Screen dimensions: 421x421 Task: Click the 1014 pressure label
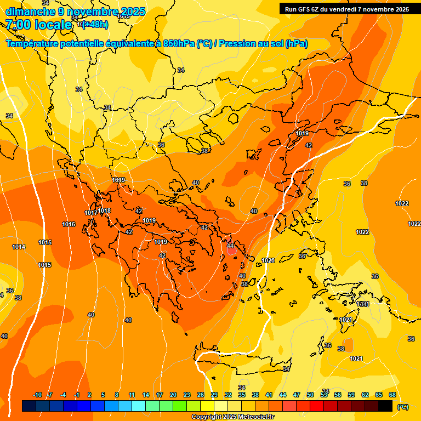coord(19,247)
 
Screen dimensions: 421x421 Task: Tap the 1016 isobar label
coord(69,224)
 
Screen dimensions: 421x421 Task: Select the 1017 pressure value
coord(90,213)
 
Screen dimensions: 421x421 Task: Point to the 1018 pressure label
coord(104,210)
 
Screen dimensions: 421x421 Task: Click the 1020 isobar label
coord(268,260)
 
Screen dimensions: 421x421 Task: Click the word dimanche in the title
coord(30,11)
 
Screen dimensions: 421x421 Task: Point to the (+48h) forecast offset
coord(95,24)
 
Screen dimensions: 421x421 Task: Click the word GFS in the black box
coord(305,9)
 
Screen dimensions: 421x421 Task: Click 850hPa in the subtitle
coord(179,44)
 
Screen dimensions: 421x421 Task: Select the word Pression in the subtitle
coord(240,44)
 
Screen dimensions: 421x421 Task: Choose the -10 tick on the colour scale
coord(37,395)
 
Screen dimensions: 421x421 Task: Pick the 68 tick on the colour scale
coord(392,395)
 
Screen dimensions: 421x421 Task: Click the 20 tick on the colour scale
coord(173,395)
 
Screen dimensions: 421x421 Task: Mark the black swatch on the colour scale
coord(385,406)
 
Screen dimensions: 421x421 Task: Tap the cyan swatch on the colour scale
coord(139,406)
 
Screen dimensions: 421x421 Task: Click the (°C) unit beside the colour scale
coord(403,406)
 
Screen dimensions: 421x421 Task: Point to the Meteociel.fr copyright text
coord(232,417)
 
